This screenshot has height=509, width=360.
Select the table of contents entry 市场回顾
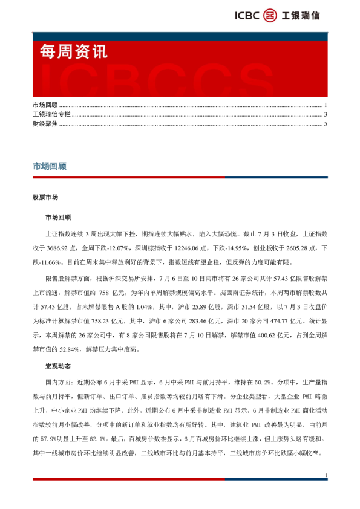(x=45, y=105)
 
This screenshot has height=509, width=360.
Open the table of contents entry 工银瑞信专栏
(x=51, y=114)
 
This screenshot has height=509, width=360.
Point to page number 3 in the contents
(x=326, y=114)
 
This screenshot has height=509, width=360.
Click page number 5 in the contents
(x=326, y=123)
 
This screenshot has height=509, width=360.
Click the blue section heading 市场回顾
(x=50, y=166)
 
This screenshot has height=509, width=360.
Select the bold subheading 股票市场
(x=45, y=197)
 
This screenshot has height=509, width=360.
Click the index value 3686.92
(x=72, y=248)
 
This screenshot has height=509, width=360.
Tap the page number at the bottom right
(x=326, y=476)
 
